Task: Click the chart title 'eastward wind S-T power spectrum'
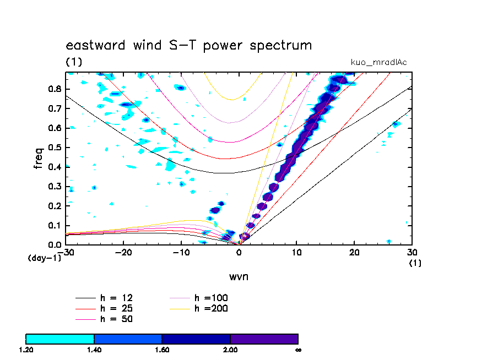pos(189,45)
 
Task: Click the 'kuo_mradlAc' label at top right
pos(379,62)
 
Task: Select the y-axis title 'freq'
pos(39,158)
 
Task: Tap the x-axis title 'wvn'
pos(239,276)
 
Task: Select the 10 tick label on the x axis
pos(296,252)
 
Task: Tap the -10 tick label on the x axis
pos(181,252)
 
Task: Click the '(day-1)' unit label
pos(44,258)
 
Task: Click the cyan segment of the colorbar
pos(60,339)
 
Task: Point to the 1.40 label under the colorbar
pos(94,350)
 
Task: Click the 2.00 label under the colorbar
pos(230,350)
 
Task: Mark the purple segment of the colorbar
pos(264,339)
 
